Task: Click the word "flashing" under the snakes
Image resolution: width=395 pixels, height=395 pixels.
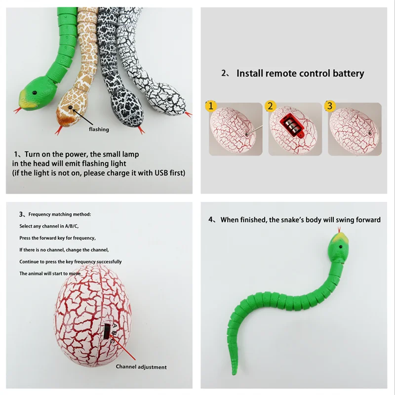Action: (x=99, y=129)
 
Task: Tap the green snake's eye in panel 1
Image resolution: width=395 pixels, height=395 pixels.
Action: (x=36, y=92)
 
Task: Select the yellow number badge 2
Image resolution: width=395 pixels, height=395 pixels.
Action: (x=270, y=106)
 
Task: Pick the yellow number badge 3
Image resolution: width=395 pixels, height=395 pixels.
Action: (x=329, y=106)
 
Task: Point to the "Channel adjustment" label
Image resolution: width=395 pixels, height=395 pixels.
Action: (x=141, y=367)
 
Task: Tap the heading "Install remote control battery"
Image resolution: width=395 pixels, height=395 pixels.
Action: (x=300, y=74)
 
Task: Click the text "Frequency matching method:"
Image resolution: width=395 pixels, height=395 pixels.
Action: (x=60, y=214)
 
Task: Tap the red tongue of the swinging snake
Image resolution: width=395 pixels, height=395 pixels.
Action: (x=339, y=231)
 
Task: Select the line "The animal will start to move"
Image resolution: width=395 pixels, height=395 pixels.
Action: (x=50, y=273)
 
